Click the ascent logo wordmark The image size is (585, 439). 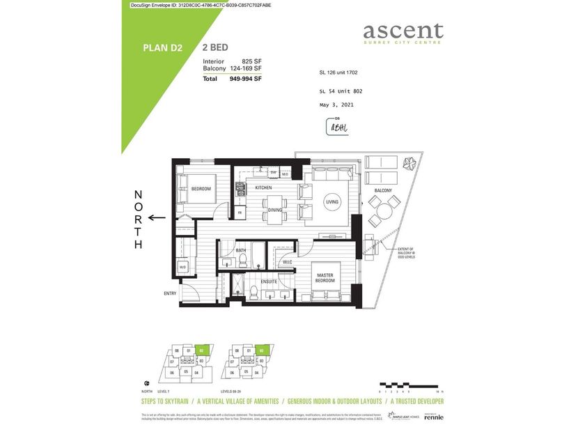click(x=403, y=31)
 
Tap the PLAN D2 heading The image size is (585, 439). click(x=162, y=48)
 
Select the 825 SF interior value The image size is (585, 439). click(x=251, y=61)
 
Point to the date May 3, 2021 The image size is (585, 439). click(x=336, y=105)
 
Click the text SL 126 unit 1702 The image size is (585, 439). click(x=338, y=72)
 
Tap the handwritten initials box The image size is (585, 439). click(x=337, y=127)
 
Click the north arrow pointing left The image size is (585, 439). click(x=157, y=217)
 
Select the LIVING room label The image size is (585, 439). click(x=332, y=202)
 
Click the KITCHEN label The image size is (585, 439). click(x=263, y=188)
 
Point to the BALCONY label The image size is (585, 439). click(x=382, y=190)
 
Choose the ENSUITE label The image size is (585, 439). click(x=270, y=282)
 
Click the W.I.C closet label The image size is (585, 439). click(x=287, y=263)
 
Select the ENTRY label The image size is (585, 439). click(x=170, y=293)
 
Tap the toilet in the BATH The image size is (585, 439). click(x=244, y=261)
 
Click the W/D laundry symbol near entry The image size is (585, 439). click(x=182, y=267)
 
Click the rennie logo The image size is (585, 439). click(x=433, y=417)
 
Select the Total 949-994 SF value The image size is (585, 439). click(x=245, y=79)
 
